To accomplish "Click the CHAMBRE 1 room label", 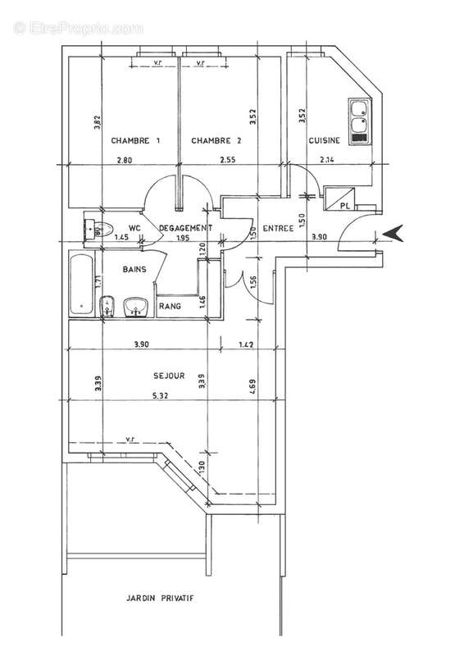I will point(135,141).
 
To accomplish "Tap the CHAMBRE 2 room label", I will point(216,141).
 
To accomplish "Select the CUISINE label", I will point(325,141).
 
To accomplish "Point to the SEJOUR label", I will point(169,376).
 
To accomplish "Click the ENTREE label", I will point(277,229).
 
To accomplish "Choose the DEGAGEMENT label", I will point(186,228).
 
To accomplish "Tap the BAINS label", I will point(135,269).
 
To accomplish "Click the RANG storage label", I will point(171,306).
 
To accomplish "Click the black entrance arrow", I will point(394,234).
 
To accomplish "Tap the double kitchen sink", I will point(358,120).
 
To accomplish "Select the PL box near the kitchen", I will point(339,198).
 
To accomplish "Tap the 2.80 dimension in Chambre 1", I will point(125,159).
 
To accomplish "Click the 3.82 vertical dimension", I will point(97,125).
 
